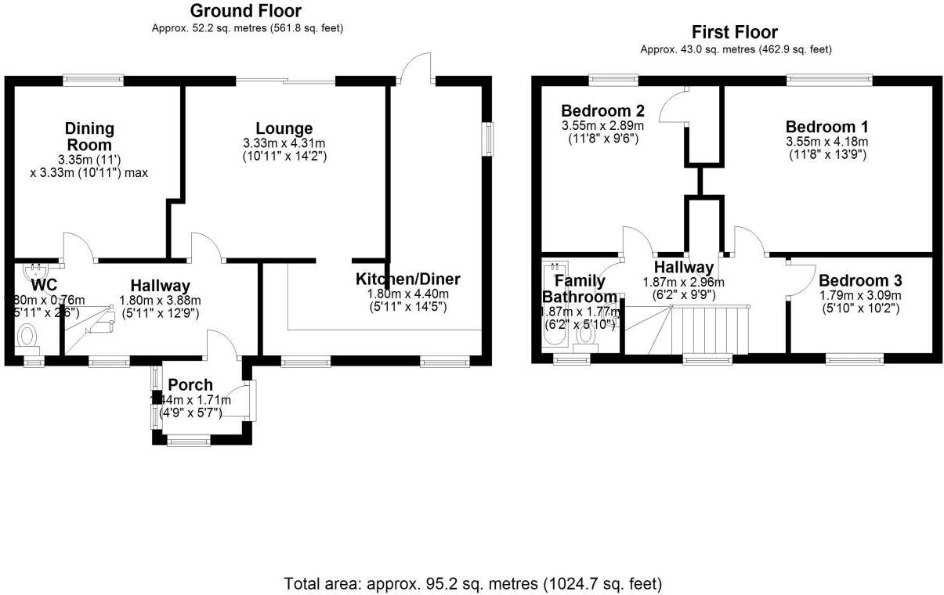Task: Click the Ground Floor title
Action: click(x=246, y=11)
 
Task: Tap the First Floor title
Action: click(x=734, y=32)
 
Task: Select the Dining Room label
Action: click(x=89, y=136)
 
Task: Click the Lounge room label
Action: click(x=284, y=128)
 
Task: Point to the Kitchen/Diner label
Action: click(x=407, y=279)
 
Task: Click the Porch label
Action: click(x=190, y=384)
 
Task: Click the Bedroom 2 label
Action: click(x=602, y=110)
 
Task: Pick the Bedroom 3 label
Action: click(x=860, y=280)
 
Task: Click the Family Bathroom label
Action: click(x=580, y=289)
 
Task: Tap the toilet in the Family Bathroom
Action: click(x=585, y=335)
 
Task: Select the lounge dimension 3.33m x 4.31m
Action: click(x=284, y=143)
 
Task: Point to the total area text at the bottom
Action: click(x=472, y=583)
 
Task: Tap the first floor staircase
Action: click(x=709, y=329)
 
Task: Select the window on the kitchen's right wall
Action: click(x=488, y=140)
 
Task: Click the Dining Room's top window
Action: click(x=93, y=78)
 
